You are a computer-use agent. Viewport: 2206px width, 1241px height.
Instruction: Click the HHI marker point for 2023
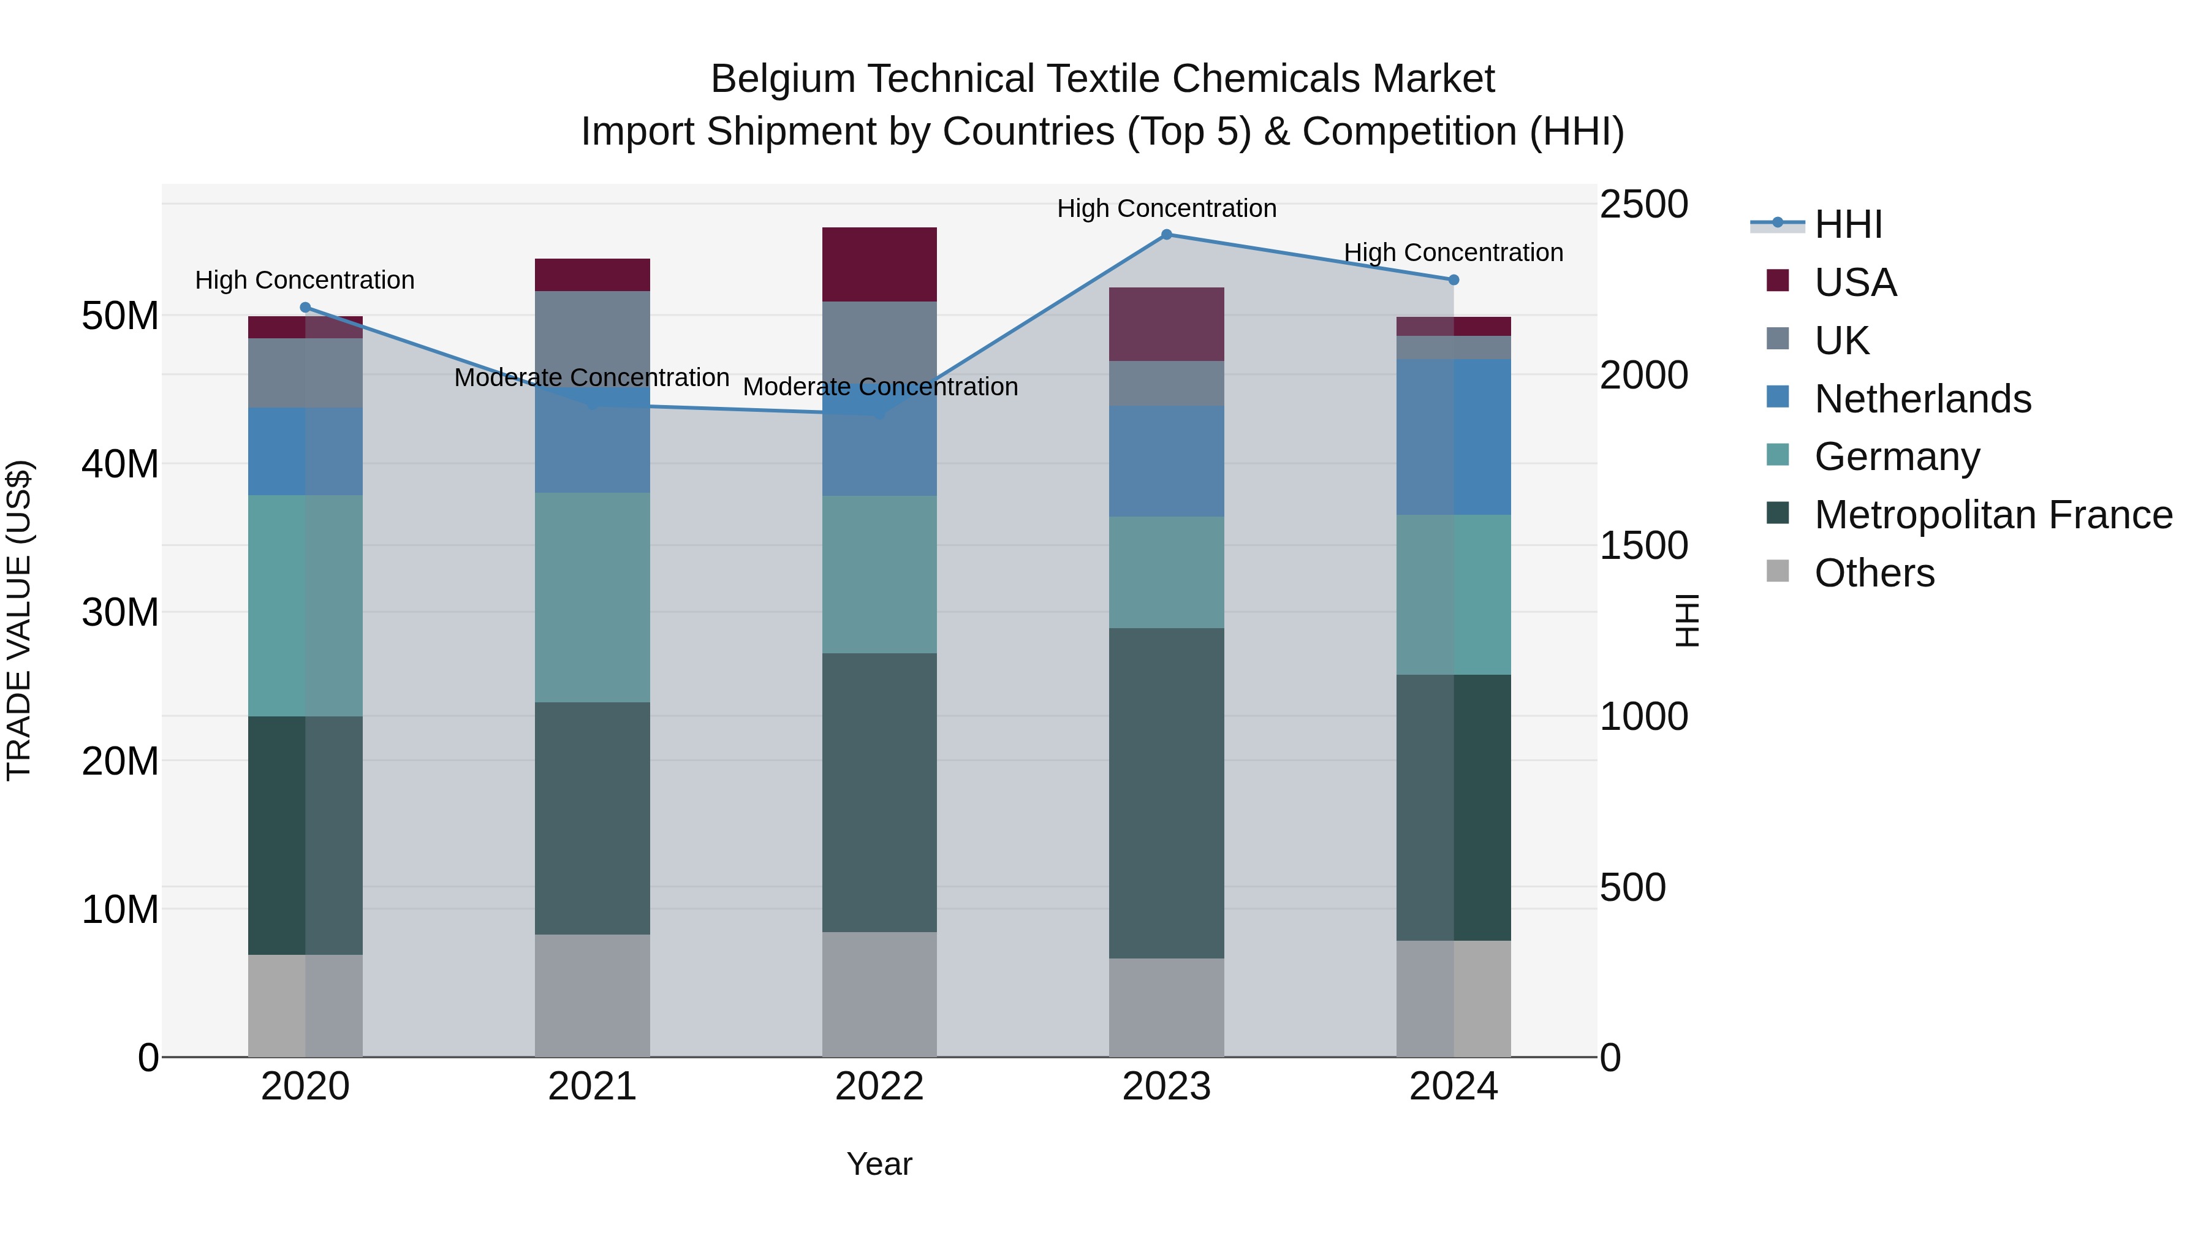[x=1166, y=235]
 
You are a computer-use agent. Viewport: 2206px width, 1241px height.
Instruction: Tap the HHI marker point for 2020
[x=305, y=308]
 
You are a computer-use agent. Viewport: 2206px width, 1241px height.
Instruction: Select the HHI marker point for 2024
[x=1454, y=280]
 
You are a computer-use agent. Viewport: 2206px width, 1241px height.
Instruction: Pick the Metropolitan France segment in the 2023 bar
[x=1166, y=792]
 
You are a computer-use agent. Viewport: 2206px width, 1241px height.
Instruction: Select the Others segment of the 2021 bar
[x=593, y=995]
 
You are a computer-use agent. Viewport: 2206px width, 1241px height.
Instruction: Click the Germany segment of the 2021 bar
[x=593, y=597]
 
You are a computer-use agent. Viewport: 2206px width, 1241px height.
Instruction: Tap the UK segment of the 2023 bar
[x=1166, y=383]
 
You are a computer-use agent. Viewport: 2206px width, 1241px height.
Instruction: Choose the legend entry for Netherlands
[x=1922, y=399]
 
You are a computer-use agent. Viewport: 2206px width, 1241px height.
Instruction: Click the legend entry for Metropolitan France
[x=1993, y=515]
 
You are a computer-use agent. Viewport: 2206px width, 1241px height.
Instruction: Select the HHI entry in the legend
[x=1848, y=224]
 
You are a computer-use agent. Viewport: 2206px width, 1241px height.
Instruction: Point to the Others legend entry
[x=1874, y=573]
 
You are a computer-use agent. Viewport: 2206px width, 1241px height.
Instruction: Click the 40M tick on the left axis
[x=120, y=464]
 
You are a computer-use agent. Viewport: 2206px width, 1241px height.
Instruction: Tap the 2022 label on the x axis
[x=879, y=1087]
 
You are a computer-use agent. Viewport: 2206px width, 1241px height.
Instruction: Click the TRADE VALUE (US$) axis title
[x=19, y=620]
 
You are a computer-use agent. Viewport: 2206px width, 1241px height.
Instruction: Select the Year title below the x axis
[x=879, y=1164]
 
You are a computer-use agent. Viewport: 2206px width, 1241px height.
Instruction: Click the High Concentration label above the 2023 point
[x=1166, y=208]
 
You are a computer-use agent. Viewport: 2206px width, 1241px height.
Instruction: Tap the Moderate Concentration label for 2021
[x=592, y=378]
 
